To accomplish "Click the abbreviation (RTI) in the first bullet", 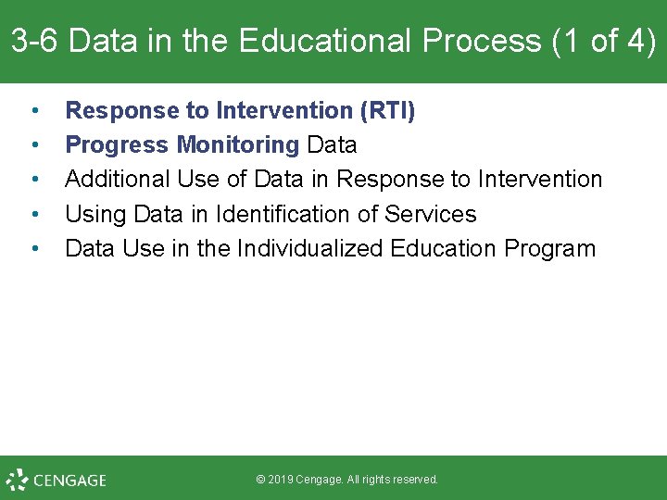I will click(387, 111).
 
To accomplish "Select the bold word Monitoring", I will click(238, 145).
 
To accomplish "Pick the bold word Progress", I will click(118, 145).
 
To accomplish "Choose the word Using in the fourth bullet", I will click(95, 215).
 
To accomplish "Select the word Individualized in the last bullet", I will click(310, 249).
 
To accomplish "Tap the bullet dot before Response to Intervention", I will click(34, 112).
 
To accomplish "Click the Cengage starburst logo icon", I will click(17, 480).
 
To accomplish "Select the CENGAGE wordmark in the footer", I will click(69, 481).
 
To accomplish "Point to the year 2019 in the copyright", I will click(280, 480).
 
